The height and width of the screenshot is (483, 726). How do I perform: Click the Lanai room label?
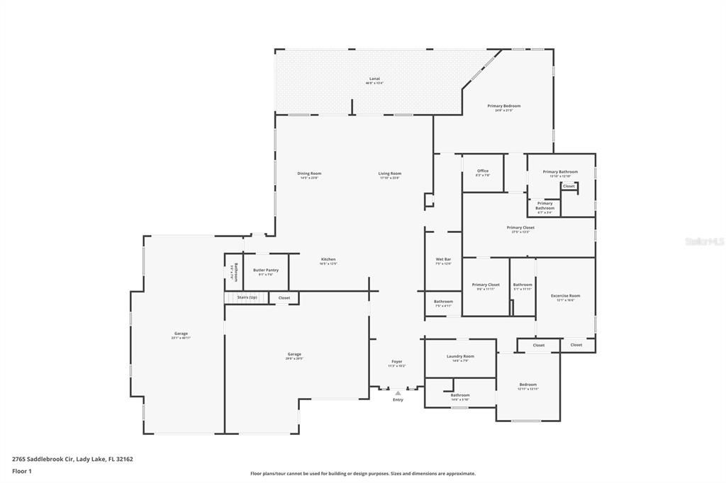374,79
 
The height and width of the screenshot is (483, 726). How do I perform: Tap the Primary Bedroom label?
503,106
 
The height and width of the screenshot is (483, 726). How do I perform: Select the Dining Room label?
309,174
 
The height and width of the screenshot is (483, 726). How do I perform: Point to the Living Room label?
389,174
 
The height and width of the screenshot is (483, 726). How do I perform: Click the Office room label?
482,171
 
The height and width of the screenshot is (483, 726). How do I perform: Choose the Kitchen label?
328,259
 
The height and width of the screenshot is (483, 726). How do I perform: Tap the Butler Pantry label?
265,270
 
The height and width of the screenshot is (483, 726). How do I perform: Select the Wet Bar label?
443,259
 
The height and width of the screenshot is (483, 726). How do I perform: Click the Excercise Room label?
565,295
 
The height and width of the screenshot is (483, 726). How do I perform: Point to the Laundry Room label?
460,356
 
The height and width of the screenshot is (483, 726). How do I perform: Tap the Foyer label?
396,362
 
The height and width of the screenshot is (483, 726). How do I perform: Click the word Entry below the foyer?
398,400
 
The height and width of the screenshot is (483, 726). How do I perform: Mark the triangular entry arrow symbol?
398,393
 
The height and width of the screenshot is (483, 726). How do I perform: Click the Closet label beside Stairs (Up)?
284,297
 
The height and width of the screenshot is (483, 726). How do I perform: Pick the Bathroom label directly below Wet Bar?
443,302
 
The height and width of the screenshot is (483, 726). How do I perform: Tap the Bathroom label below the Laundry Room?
459,395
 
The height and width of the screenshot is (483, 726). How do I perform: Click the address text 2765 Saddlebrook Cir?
72,459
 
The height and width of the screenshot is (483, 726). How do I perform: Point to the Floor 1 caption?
21,471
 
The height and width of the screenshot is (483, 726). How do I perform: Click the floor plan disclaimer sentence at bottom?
362,474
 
